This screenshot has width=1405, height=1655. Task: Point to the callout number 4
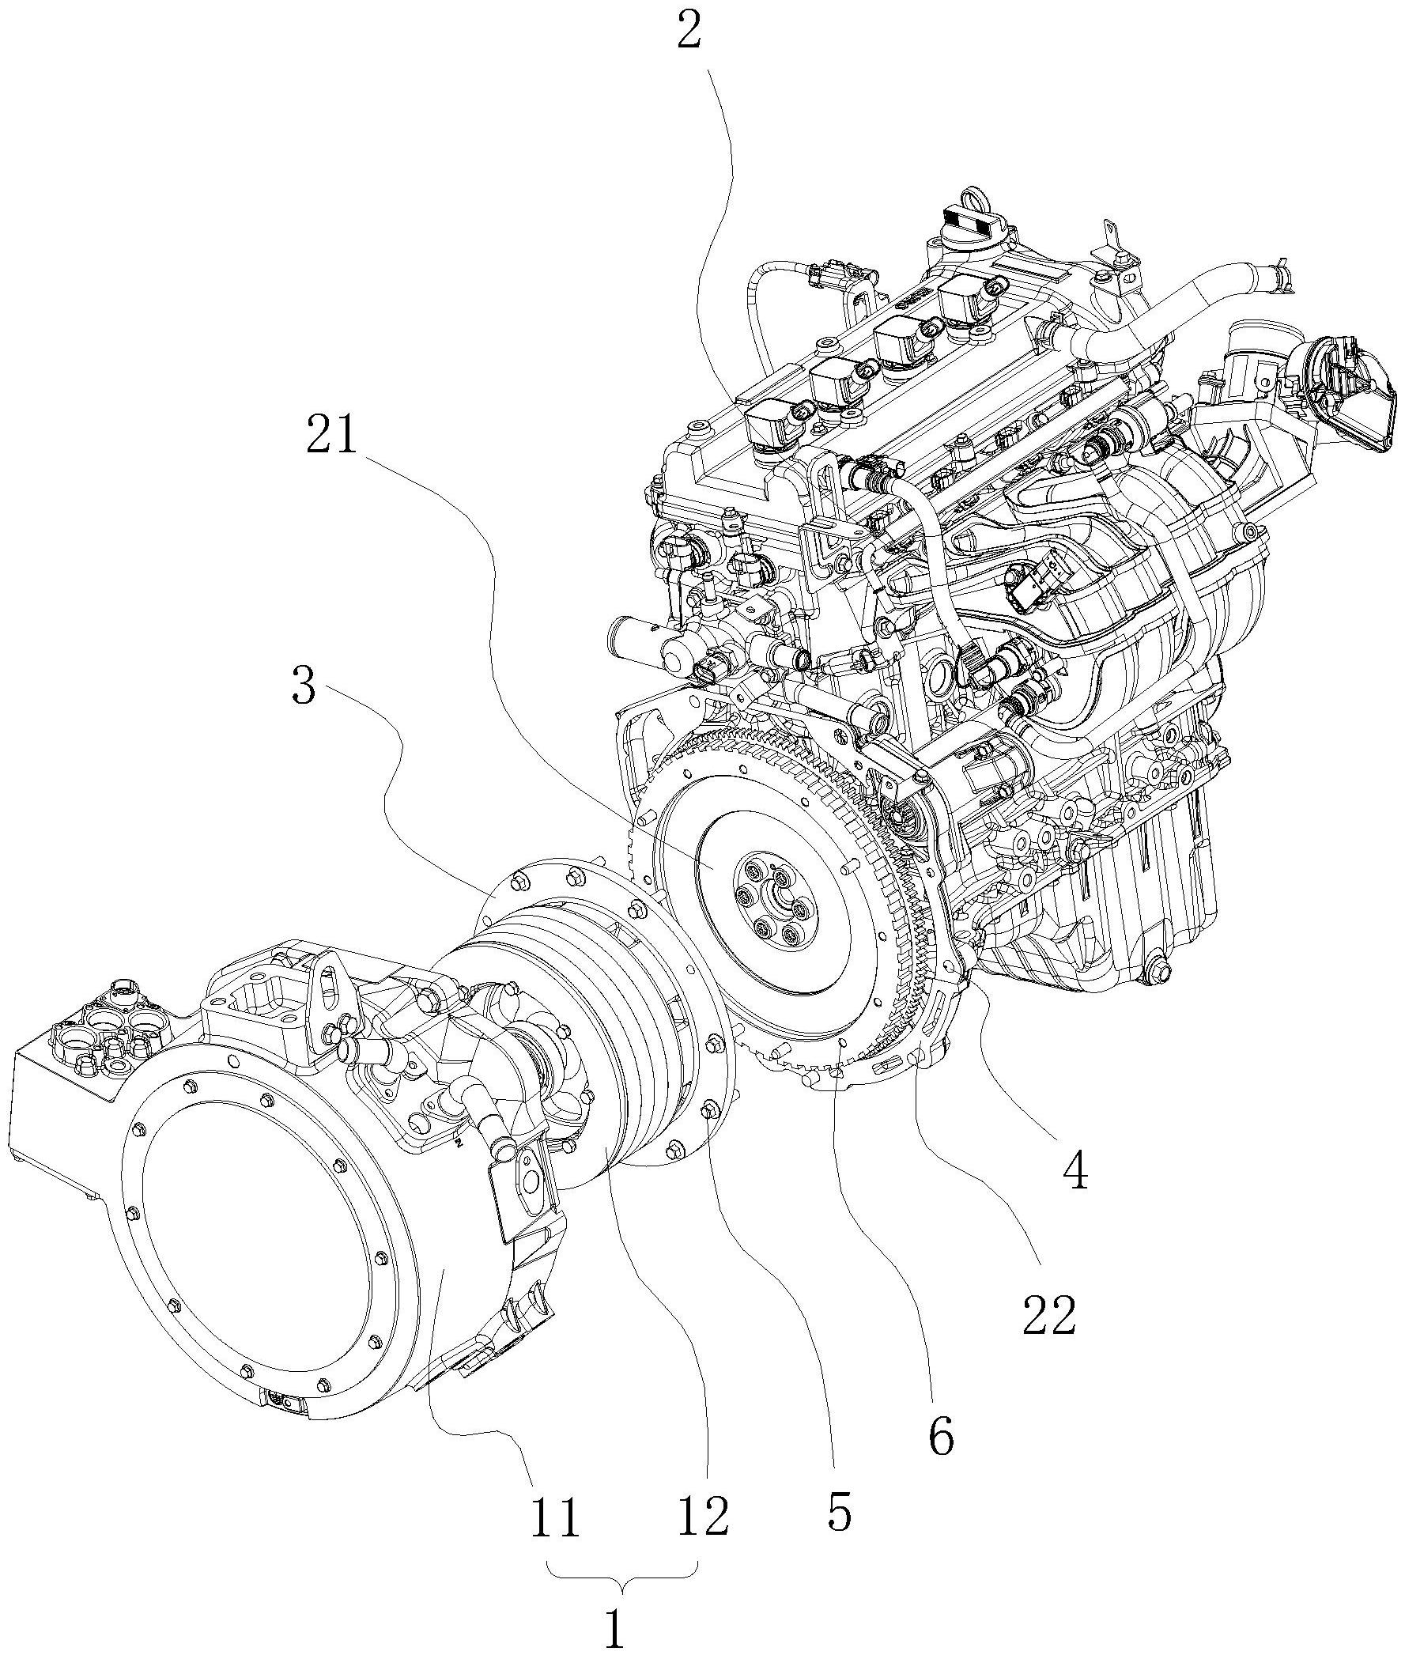(1077, 1172)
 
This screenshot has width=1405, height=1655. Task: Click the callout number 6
(942, 1436)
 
